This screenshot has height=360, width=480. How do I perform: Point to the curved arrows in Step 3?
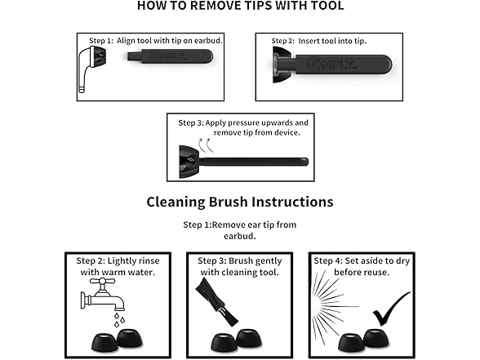click(x=205, y=145)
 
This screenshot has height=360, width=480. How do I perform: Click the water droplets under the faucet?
click(x=119, y=320)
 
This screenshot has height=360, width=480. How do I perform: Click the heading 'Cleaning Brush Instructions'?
click(x=240, y=202)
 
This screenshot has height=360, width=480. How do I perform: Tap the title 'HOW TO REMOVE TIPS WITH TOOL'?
click(x=240, y=6)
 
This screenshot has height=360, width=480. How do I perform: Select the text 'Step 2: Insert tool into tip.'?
click(x=318, y=41)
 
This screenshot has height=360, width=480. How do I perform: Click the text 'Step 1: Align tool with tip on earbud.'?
click(x=155, y=41)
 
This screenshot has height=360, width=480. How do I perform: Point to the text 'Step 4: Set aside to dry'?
click(x=362, y=261)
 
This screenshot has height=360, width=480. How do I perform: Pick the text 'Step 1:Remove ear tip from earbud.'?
click(x=240, y=230)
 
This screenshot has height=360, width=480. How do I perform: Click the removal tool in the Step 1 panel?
click(x=170, y=56)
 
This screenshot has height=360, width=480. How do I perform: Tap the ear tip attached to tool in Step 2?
click(x=281, y=64)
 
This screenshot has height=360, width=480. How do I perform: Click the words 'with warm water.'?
click(x=118, y=272)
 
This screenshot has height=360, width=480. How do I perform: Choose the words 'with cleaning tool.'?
click(x=240, y=272)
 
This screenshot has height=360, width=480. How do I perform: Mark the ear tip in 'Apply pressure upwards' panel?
click(x=189, y=162)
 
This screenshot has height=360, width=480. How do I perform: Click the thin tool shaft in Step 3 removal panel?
click(x=254, y=162)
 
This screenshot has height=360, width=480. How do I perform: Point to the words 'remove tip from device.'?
click(x=257, y=132)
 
